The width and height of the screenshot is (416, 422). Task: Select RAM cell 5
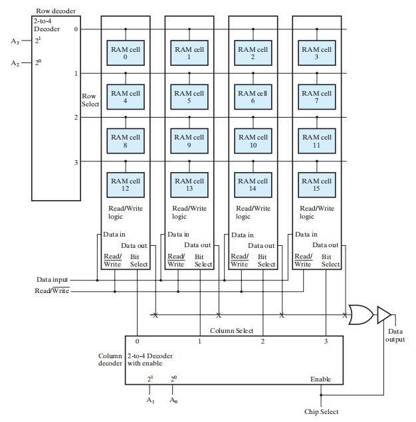tap(189, 97)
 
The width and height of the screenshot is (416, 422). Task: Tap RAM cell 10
tap(253, 141)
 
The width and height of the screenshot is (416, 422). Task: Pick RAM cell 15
tap(316, 185)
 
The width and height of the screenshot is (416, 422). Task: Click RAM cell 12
tap(125, 185)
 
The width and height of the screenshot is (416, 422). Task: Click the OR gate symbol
tap(360, 314)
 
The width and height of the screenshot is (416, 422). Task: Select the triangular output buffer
tap(385, 314)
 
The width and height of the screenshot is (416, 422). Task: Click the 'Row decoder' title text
tap(56, 11)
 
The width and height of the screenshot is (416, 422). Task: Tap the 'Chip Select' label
tap(321, 412)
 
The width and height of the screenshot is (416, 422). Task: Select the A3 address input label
tap(15, 41)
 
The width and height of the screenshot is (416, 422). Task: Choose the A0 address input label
tap(173, 400)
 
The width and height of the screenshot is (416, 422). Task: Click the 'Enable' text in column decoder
tap(320, 379)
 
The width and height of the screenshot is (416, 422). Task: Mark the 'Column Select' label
tap(231, 330)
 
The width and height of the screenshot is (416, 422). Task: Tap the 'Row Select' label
tap(90, 100)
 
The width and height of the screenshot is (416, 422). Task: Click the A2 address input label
tap(15, 63)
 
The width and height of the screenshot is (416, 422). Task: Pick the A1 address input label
tap(150, 400)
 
